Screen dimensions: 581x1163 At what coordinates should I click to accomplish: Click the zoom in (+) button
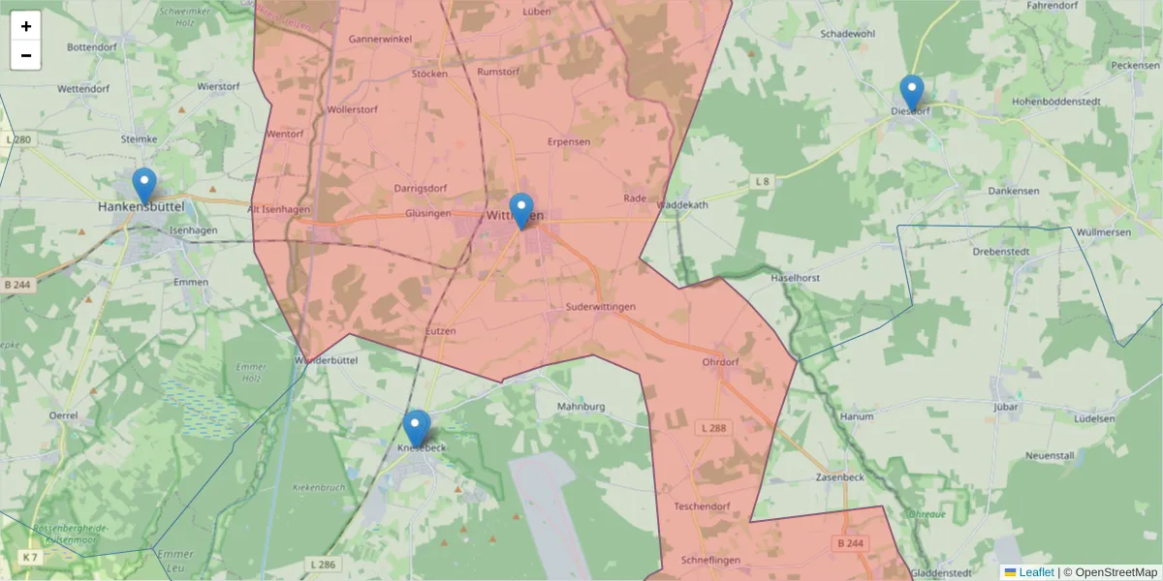click(x=26, y=26)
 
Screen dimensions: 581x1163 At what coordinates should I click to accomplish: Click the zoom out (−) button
click(x=26, y=55)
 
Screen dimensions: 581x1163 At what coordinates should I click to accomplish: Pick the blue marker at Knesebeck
click(x=417, y=428)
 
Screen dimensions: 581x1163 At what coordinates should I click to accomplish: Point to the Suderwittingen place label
click(x=600, y=307)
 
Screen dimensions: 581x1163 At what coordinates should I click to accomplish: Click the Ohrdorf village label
click(x=719, y=362)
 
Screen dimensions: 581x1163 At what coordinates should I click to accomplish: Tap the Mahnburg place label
click(x=581, y=407)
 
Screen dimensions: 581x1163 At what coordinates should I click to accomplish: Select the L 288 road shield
click(x=714, y=427)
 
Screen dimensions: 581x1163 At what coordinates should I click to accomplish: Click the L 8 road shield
click(x=763, y=181)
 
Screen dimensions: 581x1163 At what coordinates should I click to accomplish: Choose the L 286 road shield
click(x=323, y=564)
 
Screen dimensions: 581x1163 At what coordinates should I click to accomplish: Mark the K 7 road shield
click(x=31, y=557)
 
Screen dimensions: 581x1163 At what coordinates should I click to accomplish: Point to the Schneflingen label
click(x=710, y=560)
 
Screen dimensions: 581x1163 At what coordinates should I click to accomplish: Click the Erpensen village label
click(x=569, y=141)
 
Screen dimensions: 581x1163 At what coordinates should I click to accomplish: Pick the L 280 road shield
click(x=17, y=140)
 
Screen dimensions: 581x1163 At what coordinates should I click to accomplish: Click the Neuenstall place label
click(x=1052, y=454)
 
